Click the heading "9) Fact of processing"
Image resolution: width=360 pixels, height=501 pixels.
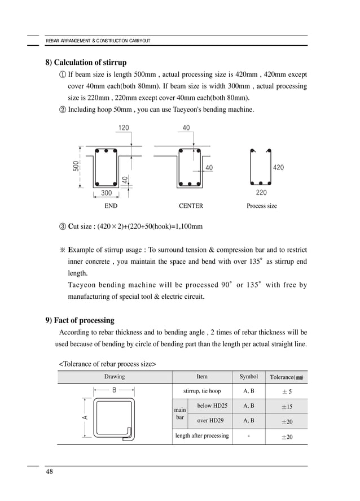tap(80, 320)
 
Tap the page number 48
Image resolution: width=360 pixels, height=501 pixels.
tap(50, 472)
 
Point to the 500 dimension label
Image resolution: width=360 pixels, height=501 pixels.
tap(75, 167)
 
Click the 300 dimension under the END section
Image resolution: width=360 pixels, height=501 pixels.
tap(106, 193)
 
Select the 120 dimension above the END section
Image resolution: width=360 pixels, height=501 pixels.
tap(123, 128)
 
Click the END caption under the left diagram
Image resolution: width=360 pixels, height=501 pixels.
tap(111, 206)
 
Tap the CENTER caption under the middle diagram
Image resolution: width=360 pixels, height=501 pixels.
tap(191, 206)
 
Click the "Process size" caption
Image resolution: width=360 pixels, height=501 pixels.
tap(262, 206)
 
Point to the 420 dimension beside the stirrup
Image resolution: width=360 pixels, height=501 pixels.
tap(278, 168)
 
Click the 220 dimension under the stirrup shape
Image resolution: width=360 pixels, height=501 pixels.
tap(261, 193)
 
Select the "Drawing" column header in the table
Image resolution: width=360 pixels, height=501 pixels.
tap(115, 377)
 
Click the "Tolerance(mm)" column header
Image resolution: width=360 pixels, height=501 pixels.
tap(286, 377)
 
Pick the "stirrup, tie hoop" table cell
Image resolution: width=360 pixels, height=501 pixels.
tap(202, 391)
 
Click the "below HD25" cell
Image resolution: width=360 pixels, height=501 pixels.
tap(212, 406)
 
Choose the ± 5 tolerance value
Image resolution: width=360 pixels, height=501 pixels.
tap(287, 391)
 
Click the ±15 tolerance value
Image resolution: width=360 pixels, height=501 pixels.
tap(287, 407)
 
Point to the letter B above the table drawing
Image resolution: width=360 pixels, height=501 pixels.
tap(114, 390)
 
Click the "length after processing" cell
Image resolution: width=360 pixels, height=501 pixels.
tap(202, 435)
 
